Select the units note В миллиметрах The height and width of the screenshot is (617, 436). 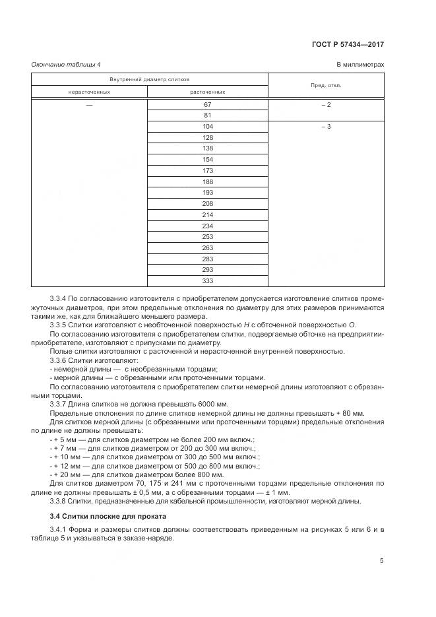(360, 64)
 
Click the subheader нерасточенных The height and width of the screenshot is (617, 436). (89, 92)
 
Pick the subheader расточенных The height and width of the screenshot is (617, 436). (207, 92)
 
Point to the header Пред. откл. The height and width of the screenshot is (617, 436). (326, 85)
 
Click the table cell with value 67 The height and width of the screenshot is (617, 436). (207, 105)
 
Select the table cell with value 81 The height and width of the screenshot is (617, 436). (207, 115)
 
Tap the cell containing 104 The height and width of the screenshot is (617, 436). (207, 126)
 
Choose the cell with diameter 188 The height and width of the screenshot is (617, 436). (207, 181)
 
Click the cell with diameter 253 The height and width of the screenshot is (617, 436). (207, 236)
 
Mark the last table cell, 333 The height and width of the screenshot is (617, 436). (207, 280)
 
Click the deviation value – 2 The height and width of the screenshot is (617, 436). (326, 105)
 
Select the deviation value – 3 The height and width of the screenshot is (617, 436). (326, 126)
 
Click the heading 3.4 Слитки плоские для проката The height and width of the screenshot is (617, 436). (108, 515)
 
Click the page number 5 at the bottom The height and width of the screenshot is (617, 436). (381, 561)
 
